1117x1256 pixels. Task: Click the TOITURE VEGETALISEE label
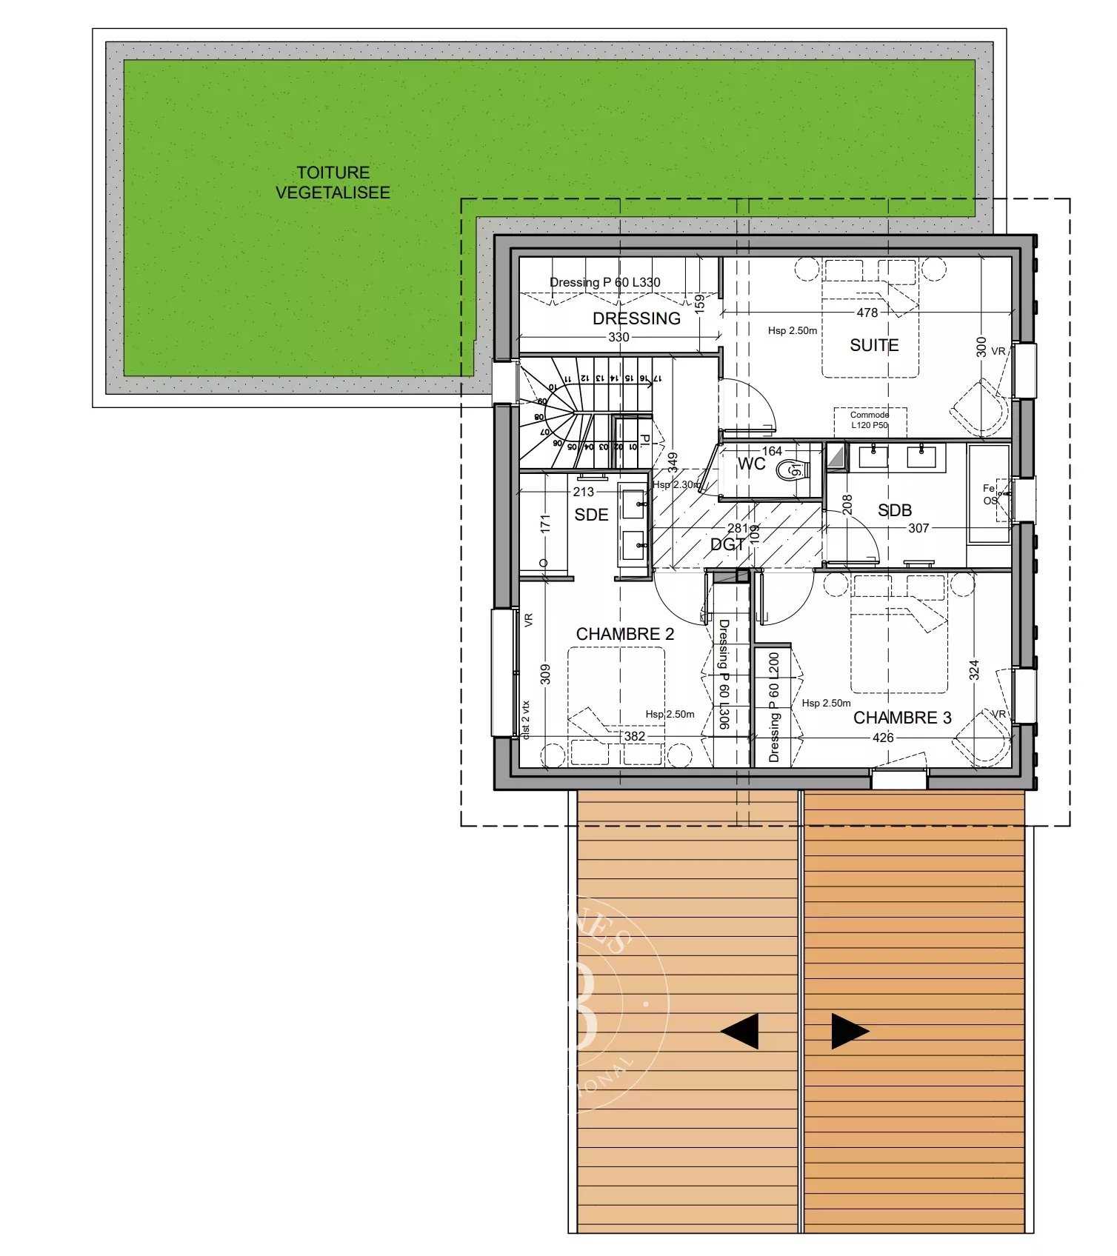(x=333, y=182)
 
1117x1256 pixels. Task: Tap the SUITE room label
(x=874, y=345)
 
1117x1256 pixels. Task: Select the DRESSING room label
(x=636, y=318)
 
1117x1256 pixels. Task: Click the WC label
(x=751, y=464)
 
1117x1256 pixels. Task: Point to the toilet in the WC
(x=793, y=470)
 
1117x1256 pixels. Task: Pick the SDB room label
(x=894, y=510)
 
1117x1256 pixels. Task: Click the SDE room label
(x=591, y=515)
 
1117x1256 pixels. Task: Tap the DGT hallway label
(x=727, y=544)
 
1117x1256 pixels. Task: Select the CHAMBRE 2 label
(x=625, y=634)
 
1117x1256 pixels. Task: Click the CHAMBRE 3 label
(x=902, y=718)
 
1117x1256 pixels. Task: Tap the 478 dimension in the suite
(x=867, y=313)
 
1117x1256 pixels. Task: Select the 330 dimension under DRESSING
(x=618, y=338)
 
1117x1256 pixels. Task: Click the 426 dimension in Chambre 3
(x=883, y=738)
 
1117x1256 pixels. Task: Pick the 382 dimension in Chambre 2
(x=635, y=737)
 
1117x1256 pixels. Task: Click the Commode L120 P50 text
(x=870, y=420)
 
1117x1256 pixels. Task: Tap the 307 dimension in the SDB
(x=918, y=528)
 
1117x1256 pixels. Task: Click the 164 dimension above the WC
(x=772, y=451)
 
